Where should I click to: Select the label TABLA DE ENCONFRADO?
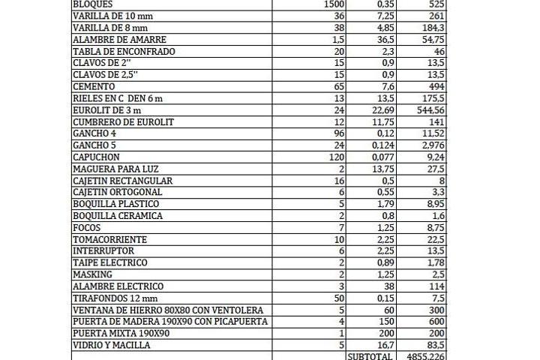(x=124, y=51)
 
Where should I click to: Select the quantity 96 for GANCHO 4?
(x=337, y=133)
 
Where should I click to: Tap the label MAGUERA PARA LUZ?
(x=115, y=169)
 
